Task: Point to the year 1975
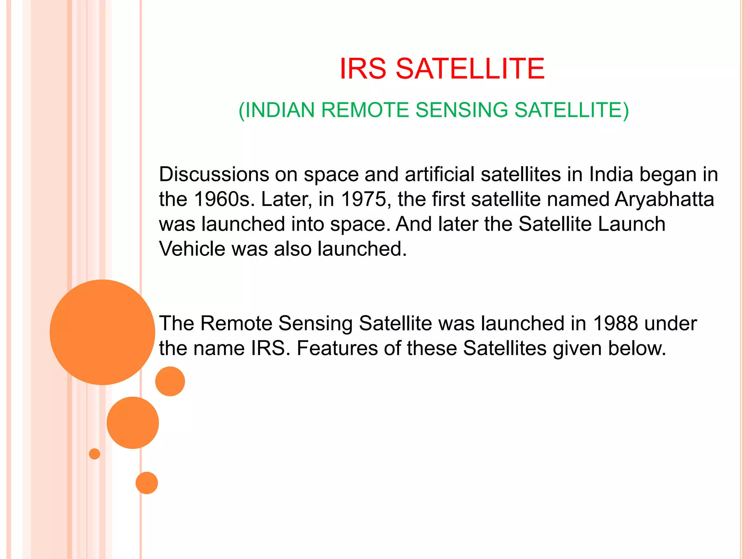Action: click(363, 199)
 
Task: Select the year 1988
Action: click(615, 323)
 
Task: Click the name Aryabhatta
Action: click(664, 200)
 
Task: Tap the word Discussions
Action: click(214, 174)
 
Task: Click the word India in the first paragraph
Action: click(611, 174)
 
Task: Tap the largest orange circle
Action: click(102, 332)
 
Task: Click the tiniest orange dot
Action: click(95, 454)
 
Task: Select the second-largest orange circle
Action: click(133, 423)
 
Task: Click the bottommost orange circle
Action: click(147, 483)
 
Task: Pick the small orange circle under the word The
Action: click(170, 381)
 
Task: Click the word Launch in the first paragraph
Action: click(632, 224)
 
